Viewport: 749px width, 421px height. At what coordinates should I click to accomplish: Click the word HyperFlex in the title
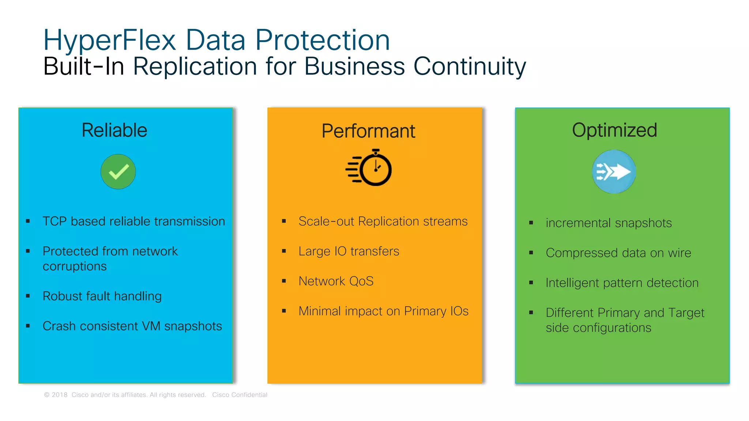click(x=110, y=40)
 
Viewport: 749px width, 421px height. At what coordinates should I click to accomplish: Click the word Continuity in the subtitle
click(x=470, y=67)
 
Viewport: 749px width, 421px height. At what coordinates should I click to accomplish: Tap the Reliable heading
click(x=114, y=130)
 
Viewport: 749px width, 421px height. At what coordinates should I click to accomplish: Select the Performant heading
click(x=368, y=131)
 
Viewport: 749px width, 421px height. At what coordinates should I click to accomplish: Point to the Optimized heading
click(x=614, y=130)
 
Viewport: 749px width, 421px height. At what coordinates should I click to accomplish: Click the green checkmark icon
click(x=118, y=172)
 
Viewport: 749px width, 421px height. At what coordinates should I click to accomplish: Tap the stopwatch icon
click(x=369, y=168)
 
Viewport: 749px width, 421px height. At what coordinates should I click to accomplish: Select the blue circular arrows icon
click(x=614, y=172)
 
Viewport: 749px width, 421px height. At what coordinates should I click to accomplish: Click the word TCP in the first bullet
click(x=54, y=221)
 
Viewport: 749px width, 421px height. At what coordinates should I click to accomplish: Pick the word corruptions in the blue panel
click(x=75, y=266)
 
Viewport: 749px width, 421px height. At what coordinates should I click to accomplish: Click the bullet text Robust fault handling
click(x=102, y=296)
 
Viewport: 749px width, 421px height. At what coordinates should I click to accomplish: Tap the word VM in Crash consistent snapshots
click(x=151, y=326)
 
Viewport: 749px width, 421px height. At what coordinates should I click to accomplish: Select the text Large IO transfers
click(x=349, y=251)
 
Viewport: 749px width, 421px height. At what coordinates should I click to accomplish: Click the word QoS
click(x=361, y=281)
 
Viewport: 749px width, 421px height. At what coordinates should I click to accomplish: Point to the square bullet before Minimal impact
click(x=284, y=311)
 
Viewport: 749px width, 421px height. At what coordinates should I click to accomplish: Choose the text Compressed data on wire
click(x=618, y=253)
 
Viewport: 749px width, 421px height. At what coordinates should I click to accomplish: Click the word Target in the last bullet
click(x=686, y=313)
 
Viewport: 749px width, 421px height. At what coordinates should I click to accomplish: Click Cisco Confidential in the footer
click(x=240, y=395)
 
